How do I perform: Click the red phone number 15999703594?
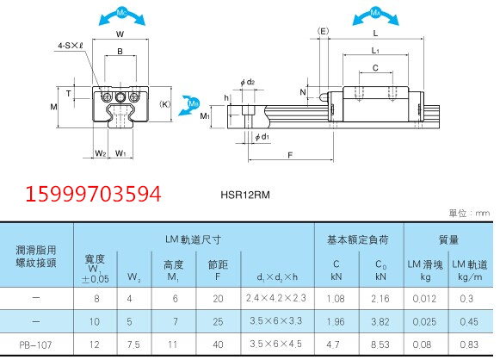pyautogui.click(x=93, y=194)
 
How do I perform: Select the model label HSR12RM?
pyautogui.click(x=245, y=195)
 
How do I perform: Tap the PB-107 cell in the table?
pyautogui.click(x=35, y=344)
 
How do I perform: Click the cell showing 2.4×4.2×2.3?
pyautogui.click(x=276, y=298)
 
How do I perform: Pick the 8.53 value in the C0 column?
pyautogui.click(x=380, y=344)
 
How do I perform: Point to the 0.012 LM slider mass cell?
pyautogui.click(x=424, y=299)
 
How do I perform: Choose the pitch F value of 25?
pyautogui.click(x=218, y=321)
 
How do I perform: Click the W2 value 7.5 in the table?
pyautogui.click(x=133, y=344)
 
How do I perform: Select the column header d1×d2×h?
pyautogui.click(x=277, y=276)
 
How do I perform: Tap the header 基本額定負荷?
pyautogui.click(x=358, y=239)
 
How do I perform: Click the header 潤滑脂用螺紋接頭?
pyautogui.click(x=36, y=257)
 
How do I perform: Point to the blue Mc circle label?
pyautogui.click(x=122, y=13)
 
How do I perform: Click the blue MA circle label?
pyautogui.click(x=375, y=13)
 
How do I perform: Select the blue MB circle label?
pyautogui.click(x=194, y=103)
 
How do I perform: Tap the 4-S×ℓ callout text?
pyautogui.click(x=71, y=46)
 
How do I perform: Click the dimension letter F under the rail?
pyautogui.click(x=290, y=155)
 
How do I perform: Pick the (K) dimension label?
pyautogui.click(x=165, y=104)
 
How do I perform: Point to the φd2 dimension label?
pyautogui.click(x=248, y=82)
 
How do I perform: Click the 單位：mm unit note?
pyautogui.click(x=469, y=213)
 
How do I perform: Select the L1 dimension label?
pyautogui.click(x=375, y=51)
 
